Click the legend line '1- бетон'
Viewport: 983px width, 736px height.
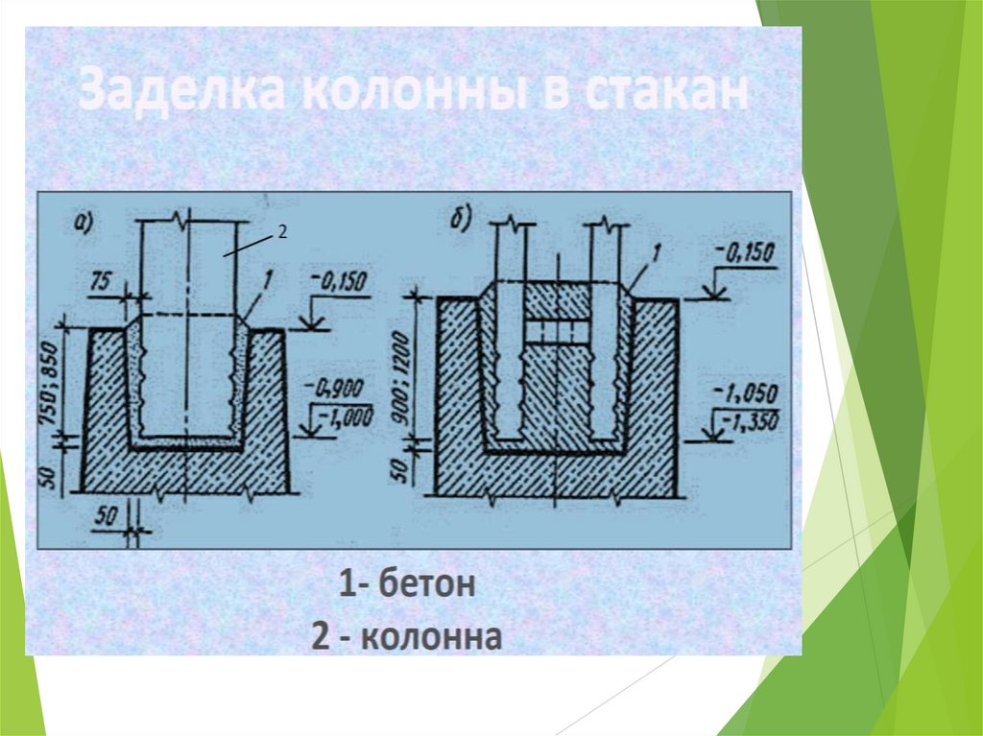[406, 584]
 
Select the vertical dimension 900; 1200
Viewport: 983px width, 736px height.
[402, 362]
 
